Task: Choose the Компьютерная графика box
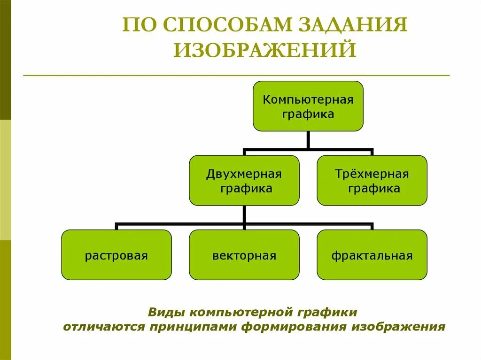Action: [308, 106]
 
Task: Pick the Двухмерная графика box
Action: [244, 181]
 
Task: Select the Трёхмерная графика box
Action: [372, 181]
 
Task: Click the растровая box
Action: [116, 255]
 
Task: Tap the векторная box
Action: [244, 255]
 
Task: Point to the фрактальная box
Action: [372, 255]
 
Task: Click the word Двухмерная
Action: [244, 175]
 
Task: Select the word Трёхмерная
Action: [372, 175]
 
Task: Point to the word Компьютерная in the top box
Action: [308, 100]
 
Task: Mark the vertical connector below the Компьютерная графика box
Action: [308, 140]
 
